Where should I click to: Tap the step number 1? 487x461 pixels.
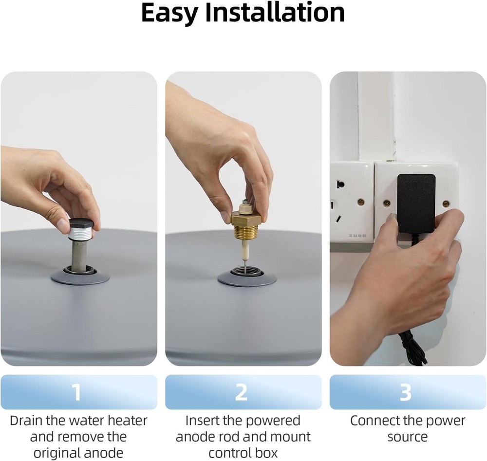(x=77, y=392)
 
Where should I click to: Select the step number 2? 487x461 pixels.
(x=242, y=392)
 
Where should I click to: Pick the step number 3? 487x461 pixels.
(x=406, y=392)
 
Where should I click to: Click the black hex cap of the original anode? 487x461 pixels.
(x=81, y=224)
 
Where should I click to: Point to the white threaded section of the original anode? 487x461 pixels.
(x=80, y=234)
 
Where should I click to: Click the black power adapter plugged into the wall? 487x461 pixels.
(x=416, y=203)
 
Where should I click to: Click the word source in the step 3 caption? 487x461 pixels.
(x=408, y=437)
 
